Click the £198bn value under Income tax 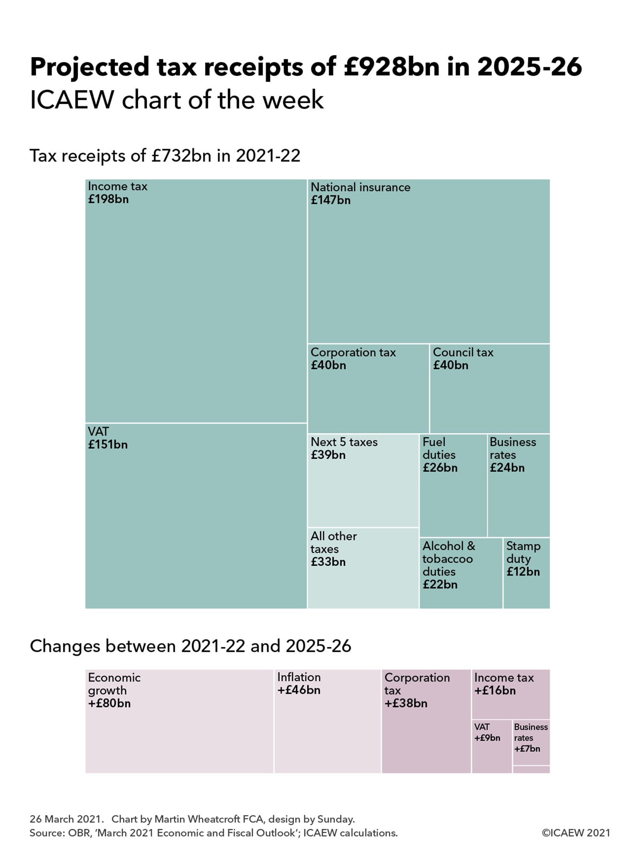click(x=108, y=199)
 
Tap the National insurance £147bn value click(x=331, y=200)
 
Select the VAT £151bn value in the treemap click(x=108, y=444)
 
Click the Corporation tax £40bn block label click(x=353, y=352)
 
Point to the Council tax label click(x=463, y=352)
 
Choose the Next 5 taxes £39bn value click(x=328, y=455)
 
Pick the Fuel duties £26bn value click(x=440, y=468)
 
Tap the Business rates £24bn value click(x=507, y=468)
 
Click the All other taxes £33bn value click(x=328, y=562)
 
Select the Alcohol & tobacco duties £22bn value click(x=440, y=585)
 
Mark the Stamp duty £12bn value click(x=523, y=572)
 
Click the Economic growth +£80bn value click(x=109, y=703)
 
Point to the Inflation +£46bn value click(x=299, y=690)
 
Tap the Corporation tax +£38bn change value click(x=406, y=703)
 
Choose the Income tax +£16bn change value click(x=495, y=691)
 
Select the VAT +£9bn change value click(x=487, y=738)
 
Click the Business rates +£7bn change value click(x=527, y=749)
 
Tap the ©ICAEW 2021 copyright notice click(x=576, y=833)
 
